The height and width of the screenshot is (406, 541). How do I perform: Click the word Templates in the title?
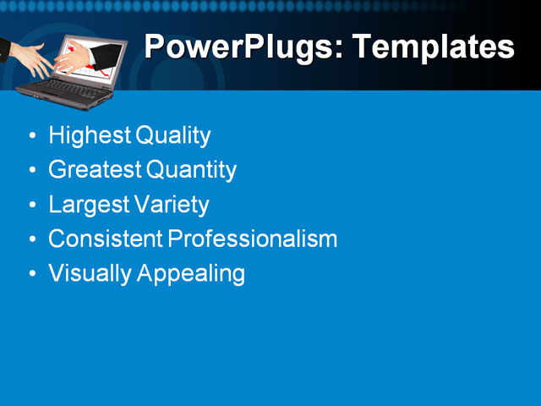434,47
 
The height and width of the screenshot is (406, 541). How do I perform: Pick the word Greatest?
95,170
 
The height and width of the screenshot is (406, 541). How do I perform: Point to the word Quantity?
192,171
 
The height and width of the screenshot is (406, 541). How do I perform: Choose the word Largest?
87,206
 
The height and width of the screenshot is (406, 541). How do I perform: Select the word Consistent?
106,239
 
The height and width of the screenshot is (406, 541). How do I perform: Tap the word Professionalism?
253,240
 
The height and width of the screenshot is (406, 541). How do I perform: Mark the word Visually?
85,274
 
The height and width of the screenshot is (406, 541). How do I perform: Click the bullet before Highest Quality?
32,136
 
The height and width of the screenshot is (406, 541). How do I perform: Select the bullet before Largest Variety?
32,206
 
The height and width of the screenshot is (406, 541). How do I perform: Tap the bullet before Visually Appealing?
32,275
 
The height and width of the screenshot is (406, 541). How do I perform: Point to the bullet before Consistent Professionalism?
32,240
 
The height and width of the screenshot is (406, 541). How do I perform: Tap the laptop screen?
91,58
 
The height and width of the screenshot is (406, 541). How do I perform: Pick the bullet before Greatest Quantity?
32,171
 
